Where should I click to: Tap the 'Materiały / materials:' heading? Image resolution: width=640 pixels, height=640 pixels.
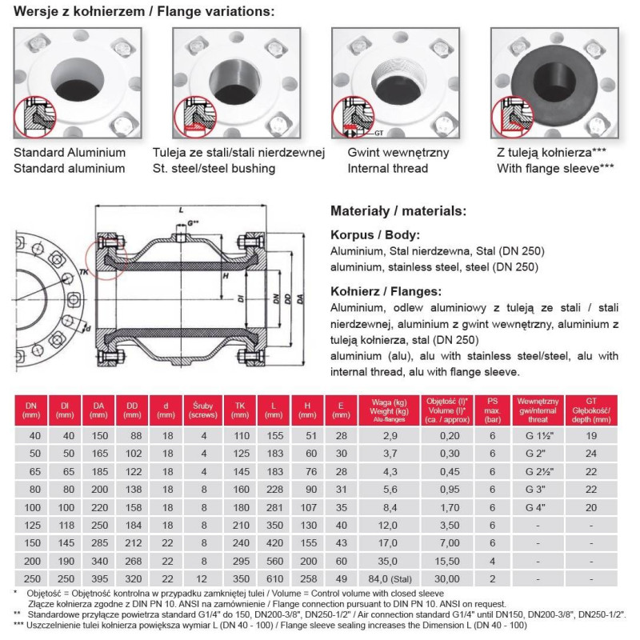point(397,211)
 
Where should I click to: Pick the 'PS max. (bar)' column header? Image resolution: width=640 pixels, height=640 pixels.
point(494,409)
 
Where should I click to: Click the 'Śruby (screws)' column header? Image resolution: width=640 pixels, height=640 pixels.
point(203,409)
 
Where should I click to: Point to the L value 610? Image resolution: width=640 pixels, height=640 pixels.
point(273,575)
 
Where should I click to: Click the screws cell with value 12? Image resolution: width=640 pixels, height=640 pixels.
point(203,575)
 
